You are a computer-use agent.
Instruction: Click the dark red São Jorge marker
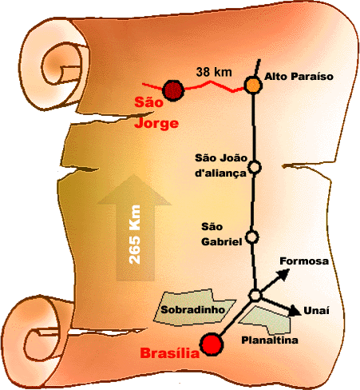(173, 90)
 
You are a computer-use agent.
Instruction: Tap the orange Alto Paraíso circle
(253, 85)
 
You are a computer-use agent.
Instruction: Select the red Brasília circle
(212, 344)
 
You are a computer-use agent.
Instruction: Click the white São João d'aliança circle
(255, 167)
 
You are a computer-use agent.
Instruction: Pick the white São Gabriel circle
(251, 237)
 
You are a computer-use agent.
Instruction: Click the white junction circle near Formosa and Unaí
(255, 295)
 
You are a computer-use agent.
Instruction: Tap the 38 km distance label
(214, 72)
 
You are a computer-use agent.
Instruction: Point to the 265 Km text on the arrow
(134, 234)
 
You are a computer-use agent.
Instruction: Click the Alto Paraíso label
(299, 77)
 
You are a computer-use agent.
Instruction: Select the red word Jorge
(156, 123)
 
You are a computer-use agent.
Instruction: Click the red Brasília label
(170, 353)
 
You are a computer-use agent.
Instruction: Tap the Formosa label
(304, 261)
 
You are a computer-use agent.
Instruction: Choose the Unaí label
(316, 310)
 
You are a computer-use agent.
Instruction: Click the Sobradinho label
(193, 309)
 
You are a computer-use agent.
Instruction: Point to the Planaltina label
(270, 340)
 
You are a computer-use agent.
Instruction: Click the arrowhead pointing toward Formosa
(283, 274)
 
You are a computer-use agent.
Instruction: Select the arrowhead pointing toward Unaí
(295, 310)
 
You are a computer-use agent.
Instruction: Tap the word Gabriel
(222, 242)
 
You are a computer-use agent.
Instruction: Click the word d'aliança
(220, 173)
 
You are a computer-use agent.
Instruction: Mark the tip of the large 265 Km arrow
(134, 174)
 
